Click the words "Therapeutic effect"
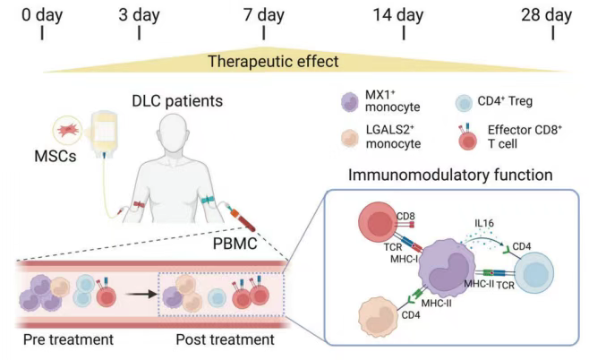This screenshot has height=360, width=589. tap(273, 62)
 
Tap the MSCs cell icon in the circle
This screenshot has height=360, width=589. tap(71, 132)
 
